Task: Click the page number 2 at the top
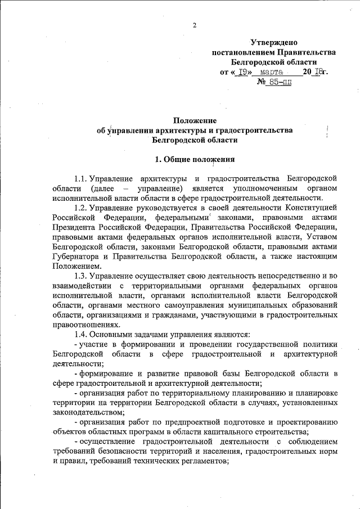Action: [193, 25]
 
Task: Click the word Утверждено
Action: [273, 42]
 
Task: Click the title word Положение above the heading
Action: [194, 120]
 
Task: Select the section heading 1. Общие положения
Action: [194, 159]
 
